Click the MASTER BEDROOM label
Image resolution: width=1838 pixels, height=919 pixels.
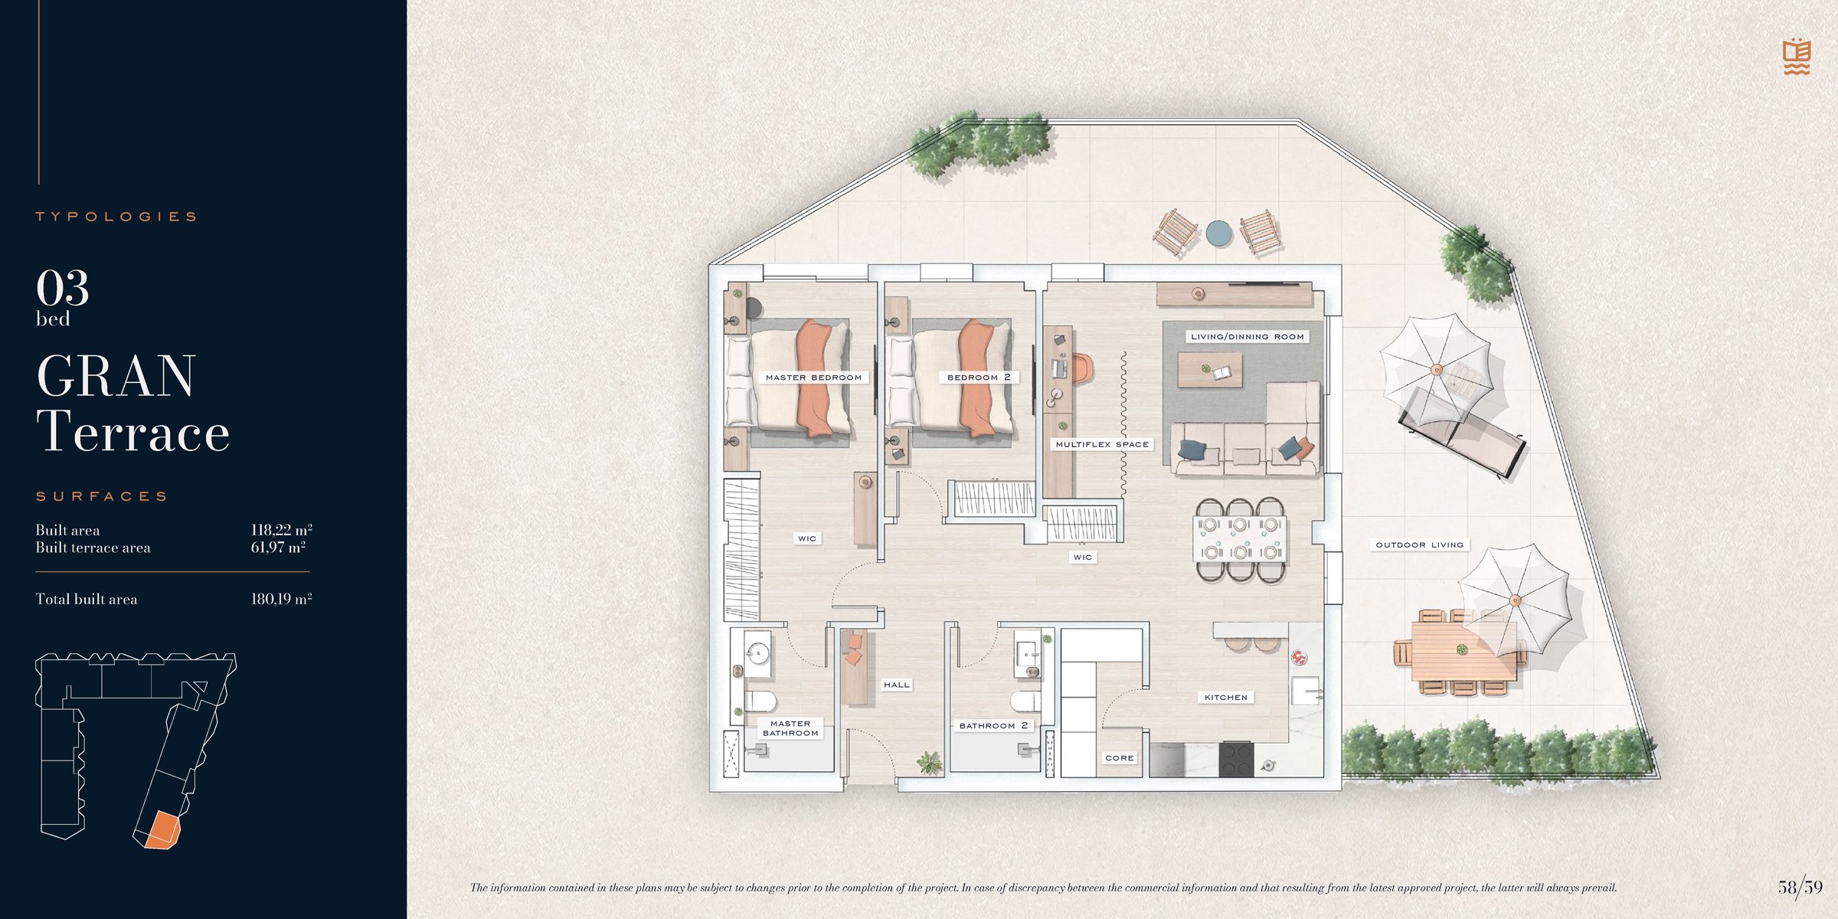click(x=813, y=378)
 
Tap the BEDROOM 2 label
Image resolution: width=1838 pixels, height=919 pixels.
click(x=979, y=378)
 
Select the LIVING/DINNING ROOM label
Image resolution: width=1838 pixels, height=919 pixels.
click(x=1247, y=336)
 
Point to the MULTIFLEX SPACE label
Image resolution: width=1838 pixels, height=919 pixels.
click(x=1102, y=444)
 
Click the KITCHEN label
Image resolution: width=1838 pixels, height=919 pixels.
click(x=1225, y=698)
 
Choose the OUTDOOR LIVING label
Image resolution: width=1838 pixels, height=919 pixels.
click(x=1419, y=545)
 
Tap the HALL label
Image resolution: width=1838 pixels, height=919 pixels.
click(x=897, y=685)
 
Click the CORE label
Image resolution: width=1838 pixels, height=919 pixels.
click(x=1119, y=758)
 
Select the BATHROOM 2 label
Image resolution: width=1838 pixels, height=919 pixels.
click(x=993, y=725)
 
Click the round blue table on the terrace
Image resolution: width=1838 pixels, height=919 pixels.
click(x=1218, y=234)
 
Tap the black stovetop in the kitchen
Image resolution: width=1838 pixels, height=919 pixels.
click(x=1236, y=759)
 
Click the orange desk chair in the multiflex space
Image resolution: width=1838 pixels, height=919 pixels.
click(x=1081, y=368)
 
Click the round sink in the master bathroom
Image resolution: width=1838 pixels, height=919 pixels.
click(x=757, y=653)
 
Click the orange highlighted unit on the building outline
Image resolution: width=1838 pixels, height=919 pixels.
click(x=162, y=831)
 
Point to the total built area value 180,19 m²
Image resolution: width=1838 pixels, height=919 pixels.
click(x=281, y=599)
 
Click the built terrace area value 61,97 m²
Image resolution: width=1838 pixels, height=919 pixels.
click(x=278, y=548)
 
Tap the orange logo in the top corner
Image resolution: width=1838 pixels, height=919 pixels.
click(x=1796, y=57)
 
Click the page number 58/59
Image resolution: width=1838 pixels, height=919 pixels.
click(x=1800, y=887)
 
